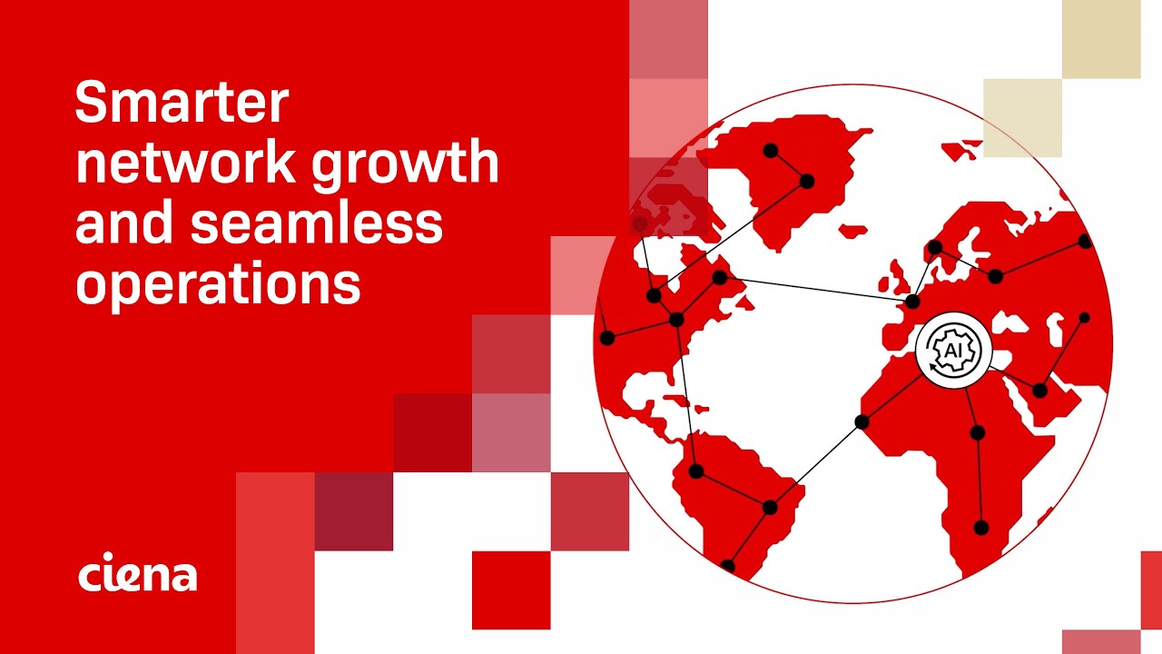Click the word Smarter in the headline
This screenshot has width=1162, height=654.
pyautogui.click(x=182, y=104)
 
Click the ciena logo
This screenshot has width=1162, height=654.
pyautogui.click(x=137, y=575)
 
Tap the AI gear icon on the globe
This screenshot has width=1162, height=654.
pyautogui.click(x=953, y=351)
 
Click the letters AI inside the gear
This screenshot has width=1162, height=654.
pyautogui.click(x=953, y=351)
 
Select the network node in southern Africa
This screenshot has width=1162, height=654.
pyautogui.click(x=980, y=527)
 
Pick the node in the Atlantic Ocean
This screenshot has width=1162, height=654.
pyautogui.click(x=862, y=421)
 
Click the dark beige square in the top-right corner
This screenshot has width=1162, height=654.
pyautogui.click(x=1101, y=39)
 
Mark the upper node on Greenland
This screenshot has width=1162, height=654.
pyautogui.click(x=771, y=150)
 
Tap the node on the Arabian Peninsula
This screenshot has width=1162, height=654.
pyautogui.click(x=1039, y=391)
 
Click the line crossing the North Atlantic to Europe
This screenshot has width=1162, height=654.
pyautogui.click(x=817, y=289)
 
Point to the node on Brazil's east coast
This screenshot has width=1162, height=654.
pyautogui.click(x=771, y=507)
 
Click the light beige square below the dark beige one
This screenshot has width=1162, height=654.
pyautogui.click(x=1022, y=117)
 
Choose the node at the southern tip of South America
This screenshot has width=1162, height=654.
pyautogui.click(x=727, y=566)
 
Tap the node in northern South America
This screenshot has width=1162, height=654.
pyautogui.click(x=696, y=471)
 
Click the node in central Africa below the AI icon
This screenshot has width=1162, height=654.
pyautogui.click(x=977, y=432)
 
